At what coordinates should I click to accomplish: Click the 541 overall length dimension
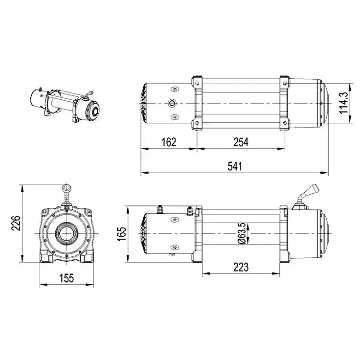[234, 166]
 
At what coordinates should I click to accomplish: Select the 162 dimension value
[168, 142]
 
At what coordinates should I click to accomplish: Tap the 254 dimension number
[241, 142]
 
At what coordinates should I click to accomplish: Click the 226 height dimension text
[15, 223]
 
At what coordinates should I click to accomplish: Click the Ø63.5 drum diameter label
[241, 233]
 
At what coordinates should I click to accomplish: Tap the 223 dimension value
[241, 267]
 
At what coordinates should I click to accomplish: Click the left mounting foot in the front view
[47, 256]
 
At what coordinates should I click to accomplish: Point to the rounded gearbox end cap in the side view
[325, 234]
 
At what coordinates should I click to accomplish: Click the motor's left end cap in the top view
[144, 104]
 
